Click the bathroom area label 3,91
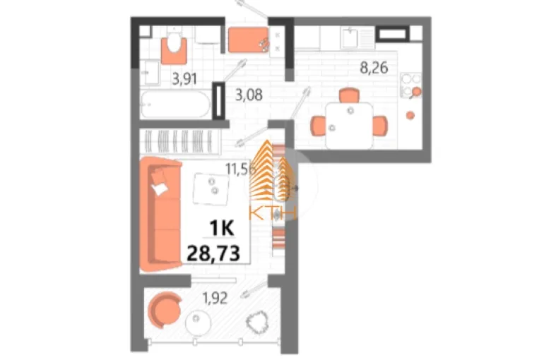pyautogui.click(x=184, y=79)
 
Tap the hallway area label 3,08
pyautogui.click(x=249, y=95)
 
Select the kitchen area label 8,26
pyautogui.click(x=374, y=68)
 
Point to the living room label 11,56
pyautogui.click(x=240, y=169)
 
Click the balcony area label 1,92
pyautogui.click(x=215, y=298)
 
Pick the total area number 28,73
pyautogui.click(x=213, y=253)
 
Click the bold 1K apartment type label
pyautogui.click(x=222, y=228)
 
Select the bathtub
pyautogui.click(x=175, y=104)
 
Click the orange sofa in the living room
pyautogui.click(x=161, y=215)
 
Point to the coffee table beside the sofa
pyautogui.click(x=211, y=189)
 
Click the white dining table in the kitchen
pyautogui.click(x=349, y=126)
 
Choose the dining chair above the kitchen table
pyautogui.click(x=349, y=95)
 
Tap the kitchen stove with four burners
pyautogui.click(x=410, y=85)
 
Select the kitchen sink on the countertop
pyautogui.click(x=350, y=38)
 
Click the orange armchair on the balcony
pyautogui.click(x=165, y=310)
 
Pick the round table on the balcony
pyautogui.click(x=198, y=322)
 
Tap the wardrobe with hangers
pyautogui.click(x=180, y=141)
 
